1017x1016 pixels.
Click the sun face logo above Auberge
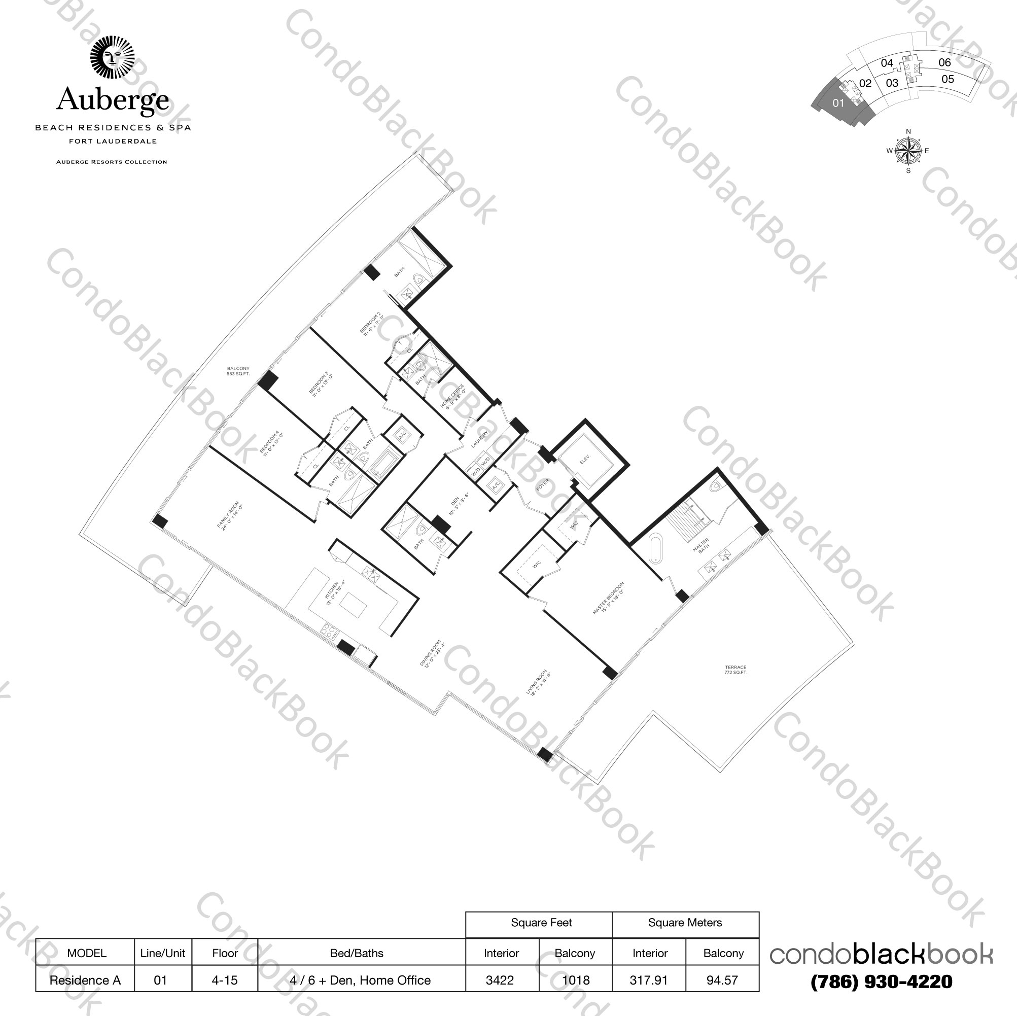[x=112, y=57]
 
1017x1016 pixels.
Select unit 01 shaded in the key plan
[x=838, y=103]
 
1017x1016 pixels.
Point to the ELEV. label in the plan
[x=585, y=460]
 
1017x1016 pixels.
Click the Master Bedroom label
[x=609, y=598]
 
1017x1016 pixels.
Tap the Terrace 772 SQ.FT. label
[x=735, y=670]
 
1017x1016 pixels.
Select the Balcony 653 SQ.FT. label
[x=238, y=371]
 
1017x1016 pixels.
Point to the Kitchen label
[x=335, y=593]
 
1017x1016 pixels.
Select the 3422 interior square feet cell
[x=500, y=980]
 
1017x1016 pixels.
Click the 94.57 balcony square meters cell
[x=722, y=980]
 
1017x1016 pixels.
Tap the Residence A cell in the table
[x=85, y=980]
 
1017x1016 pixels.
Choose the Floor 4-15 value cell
[x=225, y=980]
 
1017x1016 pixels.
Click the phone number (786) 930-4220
[x=882, y=982]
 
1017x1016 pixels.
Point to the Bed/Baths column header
[x=357, y=953]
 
